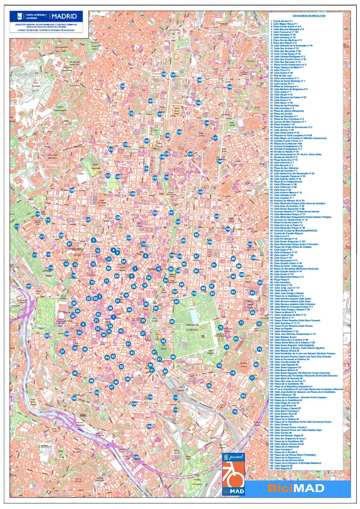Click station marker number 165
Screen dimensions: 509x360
136,457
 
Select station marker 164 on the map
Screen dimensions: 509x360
149,426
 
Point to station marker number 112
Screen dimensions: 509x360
17,226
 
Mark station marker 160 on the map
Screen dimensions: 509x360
229,87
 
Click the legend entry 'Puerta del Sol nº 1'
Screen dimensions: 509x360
283,21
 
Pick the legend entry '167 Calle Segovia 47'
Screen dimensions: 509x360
283,468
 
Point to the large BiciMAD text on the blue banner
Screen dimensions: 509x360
295,488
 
